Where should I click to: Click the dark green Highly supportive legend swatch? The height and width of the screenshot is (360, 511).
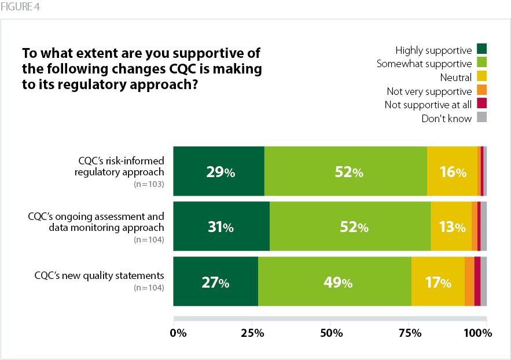(482, 49)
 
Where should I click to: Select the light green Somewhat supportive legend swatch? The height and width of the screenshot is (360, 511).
(482, 63)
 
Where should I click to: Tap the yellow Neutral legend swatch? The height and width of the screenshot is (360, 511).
(482, 76)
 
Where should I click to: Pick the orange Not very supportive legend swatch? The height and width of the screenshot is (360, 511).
(482, 90)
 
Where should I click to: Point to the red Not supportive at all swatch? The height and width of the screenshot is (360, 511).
(482, 104)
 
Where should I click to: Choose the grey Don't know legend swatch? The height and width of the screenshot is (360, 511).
(482, 117)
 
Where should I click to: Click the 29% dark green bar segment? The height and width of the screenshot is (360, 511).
(219, 172)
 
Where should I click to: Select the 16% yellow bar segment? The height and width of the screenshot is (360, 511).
(452, 172)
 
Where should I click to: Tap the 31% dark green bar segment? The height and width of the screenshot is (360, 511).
(221, 227)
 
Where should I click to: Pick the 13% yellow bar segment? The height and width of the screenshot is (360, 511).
(451, 227)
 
